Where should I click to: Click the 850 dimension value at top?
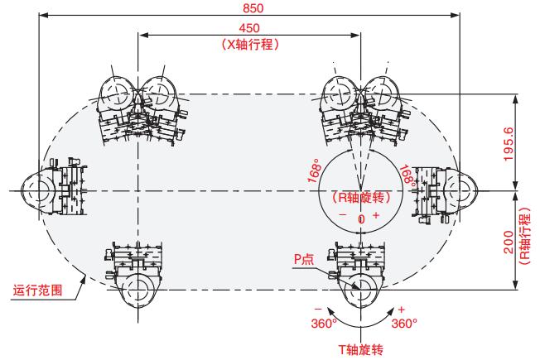248,7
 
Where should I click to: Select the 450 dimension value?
248,28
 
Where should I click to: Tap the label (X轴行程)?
248,45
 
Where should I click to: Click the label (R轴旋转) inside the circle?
359,198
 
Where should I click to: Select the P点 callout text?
304,259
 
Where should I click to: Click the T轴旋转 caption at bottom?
359,348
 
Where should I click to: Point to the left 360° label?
321,322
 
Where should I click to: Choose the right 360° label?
403,322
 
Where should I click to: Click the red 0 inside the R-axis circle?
360,219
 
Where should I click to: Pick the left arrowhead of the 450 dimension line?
142,35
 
